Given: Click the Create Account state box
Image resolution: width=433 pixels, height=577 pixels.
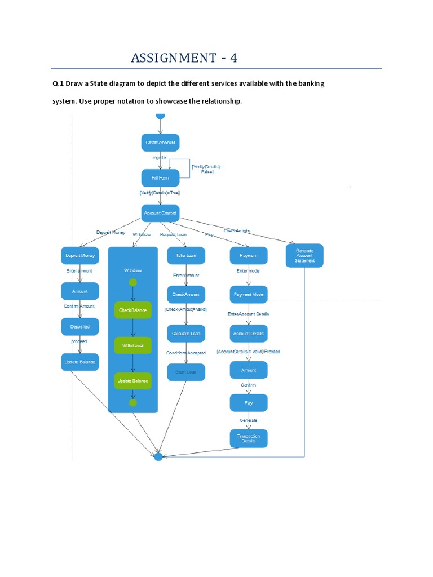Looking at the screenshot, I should [x=160, y=143].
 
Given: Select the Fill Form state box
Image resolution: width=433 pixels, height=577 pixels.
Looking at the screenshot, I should [x=160, y=178].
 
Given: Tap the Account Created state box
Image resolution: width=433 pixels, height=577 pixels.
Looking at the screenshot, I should [x=160, y=213].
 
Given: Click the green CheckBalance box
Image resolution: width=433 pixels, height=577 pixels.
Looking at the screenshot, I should [x=133, y=310].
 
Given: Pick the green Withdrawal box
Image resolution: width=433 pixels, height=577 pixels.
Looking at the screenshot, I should [x=133, y=345].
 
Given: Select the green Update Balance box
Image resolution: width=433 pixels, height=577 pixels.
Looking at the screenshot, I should [x=133, y=381].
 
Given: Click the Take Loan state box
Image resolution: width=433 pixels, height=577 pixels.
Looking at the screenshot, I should [x=186, y=255].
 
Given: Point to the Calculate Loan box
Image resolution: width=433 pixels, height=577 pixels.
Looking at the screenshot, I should [x=186, y=334].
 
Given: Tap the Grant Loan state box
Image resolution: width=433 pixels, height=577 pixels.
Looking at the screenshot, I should [x=186, y=372].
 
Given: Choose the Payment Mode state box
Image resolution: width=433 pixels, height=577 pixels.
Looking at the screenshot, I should [x=249, y=295].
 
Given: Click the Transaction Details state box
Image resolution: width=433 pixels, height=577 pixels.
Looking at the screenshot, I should [x=249, y=438].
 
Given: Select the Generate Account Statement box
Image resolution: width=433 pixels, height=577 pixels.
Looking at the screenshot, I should [x=304, y=255].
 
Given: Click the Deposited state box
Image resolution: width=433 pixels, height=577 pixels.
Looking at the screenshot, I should [x=79, y=327].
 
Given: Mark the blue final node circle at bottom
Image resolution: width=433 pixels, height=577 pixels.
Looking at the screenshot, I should [x=158, y=456].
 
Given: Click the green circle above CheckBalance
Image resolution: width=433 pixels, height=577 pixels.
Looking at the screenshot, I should [x=133, y=282].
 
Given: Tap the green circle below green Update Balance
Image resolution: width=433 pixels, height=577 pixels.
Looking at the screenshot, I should [x=133, y=403].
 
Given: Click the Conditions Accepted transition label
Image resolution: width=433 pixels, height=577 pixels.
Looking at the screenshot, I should [x=186, y=353].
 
